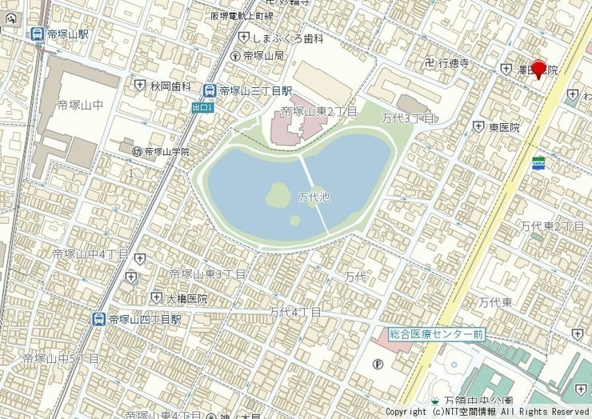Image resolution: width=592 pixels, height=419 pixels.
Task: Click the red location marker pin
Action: click(x=539, y=69)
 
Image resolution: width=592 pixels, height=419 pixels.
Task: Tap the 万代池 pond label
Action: click(x=314, y=197)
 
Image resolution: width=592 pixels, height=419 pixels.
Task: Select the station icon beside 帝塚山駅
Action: click(x=36, y=34)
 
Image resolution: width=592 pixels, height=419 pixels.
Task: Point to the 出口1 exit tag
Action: click(x=203, y=106)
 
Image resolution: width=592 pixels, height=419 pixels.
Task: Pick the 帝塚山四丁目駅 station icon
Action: click(x=98, y=319)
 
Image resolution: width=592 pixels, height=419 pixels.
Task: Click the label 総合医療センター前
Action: click(x=436, y=333)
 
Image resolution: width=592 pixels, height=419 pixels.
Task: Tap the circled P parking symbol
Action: click(x=378, y=364)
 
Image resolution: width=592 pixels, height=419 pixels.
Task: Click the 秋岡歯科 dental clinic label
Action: click(x=170, y=86)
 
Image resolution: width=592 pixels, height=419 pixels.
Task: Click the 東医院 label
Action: click(x=504, y=127)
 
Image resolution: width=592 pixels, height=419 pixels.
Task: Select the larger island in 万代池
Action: click(x=278, y=194)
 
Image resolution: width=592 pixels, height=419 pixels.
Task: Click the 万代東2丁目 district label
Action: click(x=552, y=226)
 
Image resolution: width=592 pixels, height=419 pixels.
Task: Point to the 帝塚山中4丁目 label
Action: click(x=90, y=253)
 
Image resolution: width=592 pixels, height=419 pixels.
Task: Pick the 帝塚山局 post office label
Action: click(x=263, y=56)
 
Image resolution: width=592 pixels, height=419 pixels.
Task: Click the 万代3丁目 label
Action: click(x=407, y=118)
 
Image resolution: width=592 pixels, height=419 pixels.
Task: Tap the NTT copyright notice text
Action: click(x=487, y=411)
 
